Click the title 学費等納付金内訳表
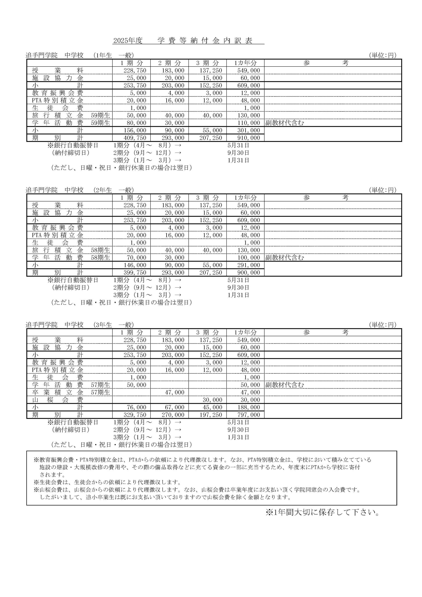tap(205, 41)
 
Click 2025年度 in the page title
tap(128, 41)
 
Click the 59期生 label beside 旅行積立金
tap(100, 115)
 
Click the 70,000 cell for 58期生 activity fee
tap(137, 257)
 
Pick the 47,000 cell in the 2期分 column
tap(175, 392)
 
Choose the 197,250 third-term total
tap(211, 415)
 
